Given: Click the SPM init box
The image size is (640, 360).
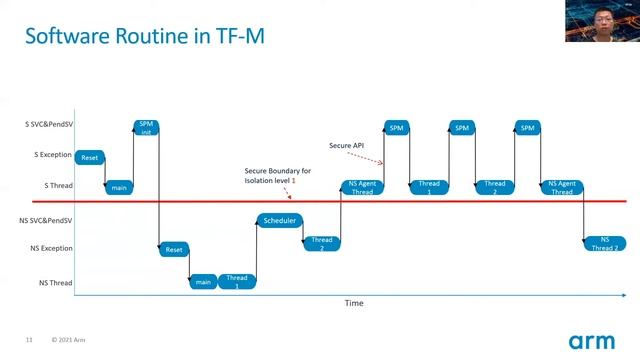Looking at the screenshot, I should [x=146, y=128].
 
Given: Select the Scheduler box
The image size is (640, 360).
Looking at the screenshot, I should [x=281, y=221].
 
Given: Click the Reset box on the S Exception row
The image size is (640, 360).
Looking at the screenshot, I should [x=90, y=158].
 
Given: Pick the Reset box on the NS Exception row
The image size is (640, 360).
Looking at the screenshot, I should [x=174, y=249].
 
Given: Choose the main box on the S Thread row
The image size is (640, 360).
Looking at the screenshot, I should [x=119, y=187].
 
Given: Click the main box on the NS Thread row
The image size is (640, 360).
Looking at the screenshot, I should [x=203, y=281].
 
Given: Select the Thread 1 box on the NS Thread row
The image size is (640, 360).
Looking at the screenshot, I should [x=237, y=281].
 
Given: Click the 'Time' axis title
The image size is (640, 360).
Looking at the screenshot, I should [x=354, y=303].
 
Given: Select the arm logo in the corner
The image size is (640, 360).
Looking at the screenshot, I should [x=591, y=340].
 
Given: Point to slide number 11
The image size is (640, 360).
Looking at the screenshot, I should [x=29, y=340].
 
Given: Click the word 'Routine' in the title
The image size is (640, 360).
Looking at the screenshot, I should [x=160, y=38].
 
